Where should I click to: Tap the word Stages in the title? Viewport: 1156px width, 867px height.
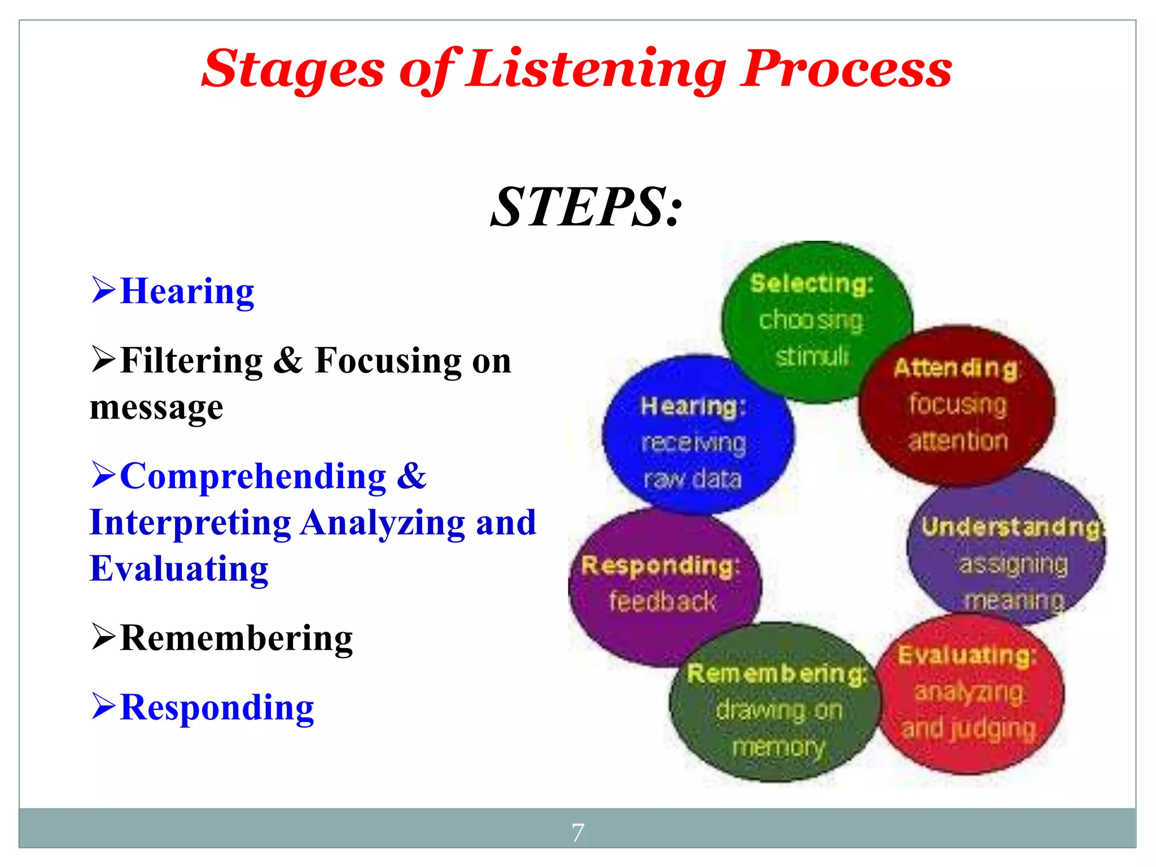tap(293, 70)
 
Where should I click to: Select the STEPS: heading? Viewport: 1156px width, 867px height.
tap(586, 207)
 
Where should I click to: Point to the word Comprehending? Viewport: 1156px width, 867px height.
tap(253, 476)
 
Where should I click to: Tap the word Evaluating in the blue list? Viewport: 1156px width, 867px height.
tap(179, 568)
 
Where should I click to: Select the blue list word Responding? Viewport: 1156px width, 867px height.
tap(217, 707)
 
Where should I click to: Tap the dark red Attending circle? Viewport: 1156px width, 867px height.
tap(957, 405)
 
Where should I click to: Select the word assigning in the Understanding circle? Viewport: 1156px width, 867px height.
tap(1014, 564)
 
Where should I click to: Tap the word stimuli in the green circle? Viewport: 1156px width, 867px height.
tap(812, 356)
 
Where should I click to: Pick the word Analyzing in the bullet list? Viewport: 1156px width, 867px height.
tap(383, 523)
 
